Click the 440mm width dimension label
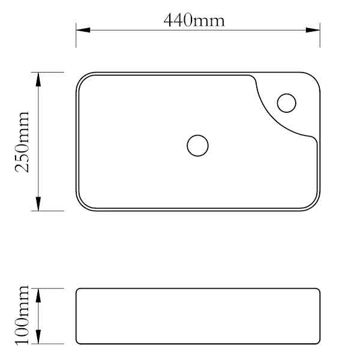194,20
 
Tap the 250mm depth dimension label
22,142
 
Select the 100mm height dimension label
22,315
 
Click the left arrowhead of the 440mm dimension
83,30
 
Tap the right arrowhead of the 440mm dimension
313,30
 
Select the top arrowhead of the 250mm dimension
38,79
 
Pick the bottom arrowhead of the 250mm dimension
38,203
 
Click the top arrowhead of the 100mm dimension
38,295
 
